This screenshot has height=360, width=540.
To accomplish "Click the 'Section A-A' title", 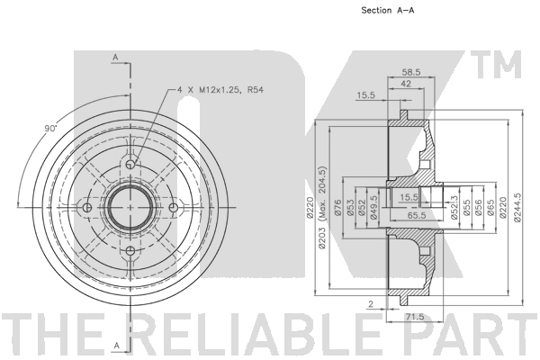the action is click(387, 10).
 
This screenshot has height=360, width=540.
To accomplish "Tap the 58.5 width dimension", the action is click(411, 72).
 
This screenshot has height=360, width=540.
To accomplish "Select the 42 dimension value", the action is click(407, 84).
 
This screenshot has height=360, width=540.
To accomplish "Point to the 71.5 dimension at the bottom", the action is click(415, 317).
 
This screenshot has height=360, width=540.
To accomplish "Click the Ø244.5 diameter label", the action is click(517, 207).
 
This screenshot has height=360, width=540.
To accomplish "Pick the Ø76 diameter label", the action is click(337, 208).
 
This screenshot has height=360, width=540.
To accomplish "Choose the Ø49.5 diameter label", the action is click(373, 207).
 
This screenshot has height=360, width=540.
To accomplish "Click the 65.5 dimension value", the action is click(417, 215).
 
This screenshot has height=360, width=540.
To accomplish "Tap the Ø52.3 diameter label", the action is click(454, 207).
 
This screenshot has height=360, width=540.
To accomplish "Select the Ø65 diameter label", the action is click(490, 208).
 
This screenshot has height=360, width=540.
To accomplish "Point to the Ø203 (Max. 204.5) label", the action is click(322, 207).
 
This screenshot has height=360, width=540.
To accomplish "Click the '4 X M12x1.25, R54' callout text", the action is click(220, 90).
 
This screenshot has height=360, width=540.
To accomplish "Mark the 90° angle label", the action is click(50, 129).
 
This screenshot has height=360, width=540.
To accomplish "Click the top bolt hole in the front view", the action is click(130, 164).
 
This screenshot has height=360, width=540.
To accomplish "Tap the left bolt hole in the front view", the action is click(87, 207).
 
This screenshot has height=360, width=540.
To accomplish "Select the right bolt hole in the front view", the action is click(174, 207).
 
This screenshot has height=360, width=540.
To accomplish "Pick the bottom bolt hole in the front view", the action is click(130, 250).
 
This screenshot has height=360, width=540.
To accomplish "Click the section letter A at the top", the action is click(116, 58).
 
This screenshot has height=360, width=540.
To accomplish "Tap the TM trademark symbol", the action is click(499, 65).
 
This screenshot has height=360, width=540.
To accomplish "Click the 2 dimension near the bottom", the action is click(371, 304).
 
